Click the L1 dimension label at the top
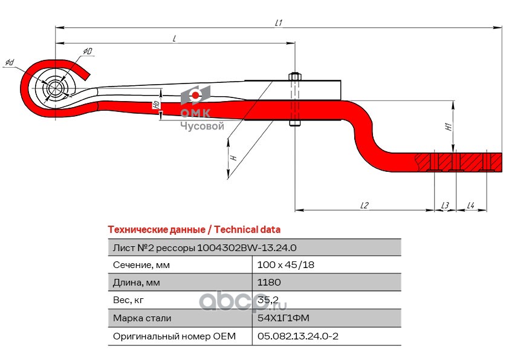[279, 23]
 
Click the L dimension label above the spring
[174, 39]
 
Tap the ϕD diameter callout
[87, 51]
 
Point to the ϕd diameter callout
[10, 62]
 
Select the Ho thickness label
[157, 104]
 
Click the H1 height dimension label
[449, 126]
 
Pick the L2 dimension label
[365, 205]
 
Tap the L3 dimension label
[445, 205]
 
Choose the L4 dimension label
[471, 205]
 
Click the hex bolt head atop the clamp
[295, 77]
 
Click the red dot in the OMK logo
[195, 95]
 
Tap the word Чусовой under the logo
[203, 126]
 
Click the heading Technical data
[247, 230]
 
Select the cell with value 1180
[269, 282]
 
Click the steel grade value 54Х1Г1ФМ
[283, 318]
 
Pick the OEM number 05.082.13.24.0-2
[297, 336]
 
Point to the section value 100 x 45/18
[286, 265]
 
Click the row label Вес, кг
[128, 300]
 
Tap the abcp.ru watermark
[243, 301]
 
